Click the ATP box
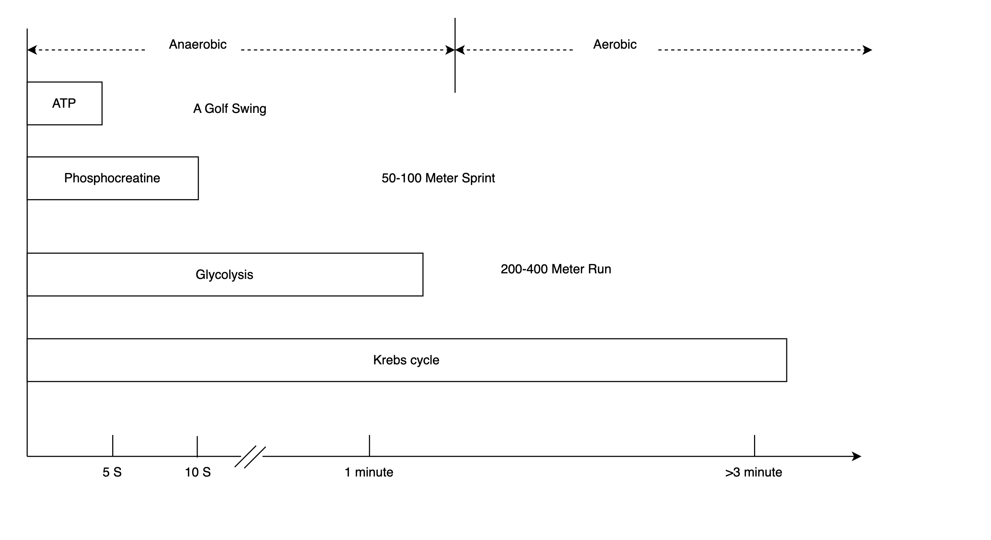pos(65,104)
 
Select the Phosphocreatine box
pos(113,178)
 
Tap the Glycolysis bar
pos(225,274)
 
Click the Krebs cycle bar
pos(407,360)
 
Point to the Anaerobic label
pos(198,44)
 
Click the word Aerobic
pos(615,44)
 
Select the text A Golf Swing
pos(230,109)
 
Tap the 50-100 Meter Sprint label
pos(438,178)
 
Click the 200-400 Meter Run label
pos(556,269)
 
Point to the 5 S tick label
pos(112,472)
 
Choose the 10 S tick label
pos(198,472)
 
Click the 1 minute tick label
pos(369,472)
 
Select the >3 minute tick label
pos(754,472)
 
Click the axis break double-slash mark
pos(250,457)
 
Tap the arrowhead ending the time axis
pos(857,456)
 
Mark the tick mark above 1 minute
pos(369,446)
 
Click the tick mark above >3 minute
pos(754,446)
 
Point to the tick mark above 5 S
pos(113,446)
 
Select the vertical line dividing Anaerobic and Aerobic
pos(455,55)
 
